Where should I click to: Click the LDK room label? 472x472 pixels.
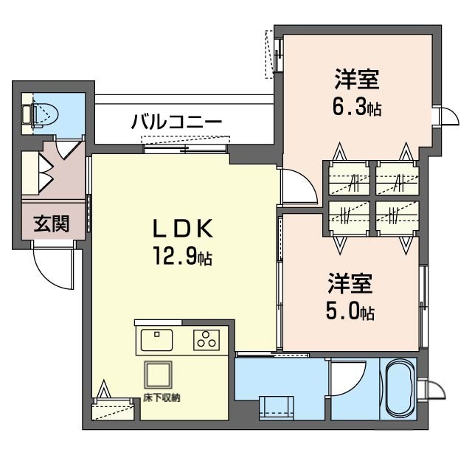click(x=183, y=228)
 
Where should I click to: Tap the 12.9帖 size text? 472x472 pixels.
click(x=183, y=256)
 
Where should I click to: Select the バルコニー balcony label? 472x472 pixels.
click(x=177, y=121)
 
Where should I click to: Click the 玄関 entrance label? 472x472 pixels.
click(x=52, y=223)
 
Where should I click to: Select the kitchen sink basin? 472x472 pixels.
click(x=156, y=340)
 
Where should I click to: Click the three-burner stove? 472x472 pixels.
click(x=206, y=340)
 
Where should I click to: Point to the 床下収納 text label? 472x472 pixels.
click(x=162, y=398)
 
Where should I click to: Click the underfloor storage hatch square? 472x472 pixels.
click(x=159, y=375)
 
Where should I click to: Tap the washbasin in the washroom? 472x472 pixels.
click(x=277, y=407)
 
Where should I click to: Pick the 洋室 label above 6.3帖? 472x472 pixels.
click(x=357, y=79)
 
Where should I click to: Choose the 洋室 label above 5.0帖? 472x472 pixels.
click(x=350, y=283)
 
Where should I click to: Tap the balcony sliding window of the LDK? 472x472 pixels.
click(x=185, y=148)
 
